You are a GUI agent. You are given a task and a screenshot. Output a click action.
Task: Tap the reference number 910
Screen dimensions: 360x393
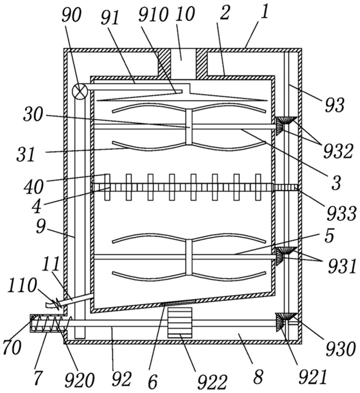[x=153, y=14]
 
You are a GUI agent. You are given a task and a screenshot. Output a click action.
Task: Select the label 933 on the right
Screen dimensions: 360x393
[x=342, y=213]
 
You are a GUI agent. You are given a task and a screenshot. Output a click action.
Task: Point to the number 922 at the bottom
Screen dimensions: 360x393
[x=212, y=383]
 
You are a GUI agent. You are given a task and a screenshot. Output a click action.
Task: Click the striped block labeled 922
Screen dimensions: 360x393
[x=180, y=323]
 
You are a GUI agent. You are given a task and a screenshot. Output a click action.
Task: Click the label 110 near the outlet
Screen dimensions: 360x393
[x=23, y=286]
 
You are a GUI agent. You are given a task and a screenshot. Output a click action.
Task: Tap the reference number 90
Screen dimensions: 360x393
[x=71, y=15]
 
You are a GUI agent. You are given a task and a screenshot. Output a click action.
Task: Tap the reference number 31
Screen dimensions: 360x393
[x=26, y=154]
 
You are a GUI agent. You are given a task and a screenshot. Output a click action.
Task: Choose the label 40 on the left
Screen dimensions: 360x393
[x=34, y=187]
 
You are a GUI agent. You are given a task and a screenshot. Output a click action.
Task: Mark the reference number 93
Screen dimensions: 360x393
[x=335, y=106]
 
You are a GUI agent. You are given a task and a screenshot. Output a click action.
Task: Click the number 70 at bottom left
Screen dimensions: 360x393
[x=12, y=347]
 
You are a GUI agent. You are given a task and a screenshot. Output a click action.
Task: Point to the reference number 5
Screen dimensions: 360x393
[x=329, y=236]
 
